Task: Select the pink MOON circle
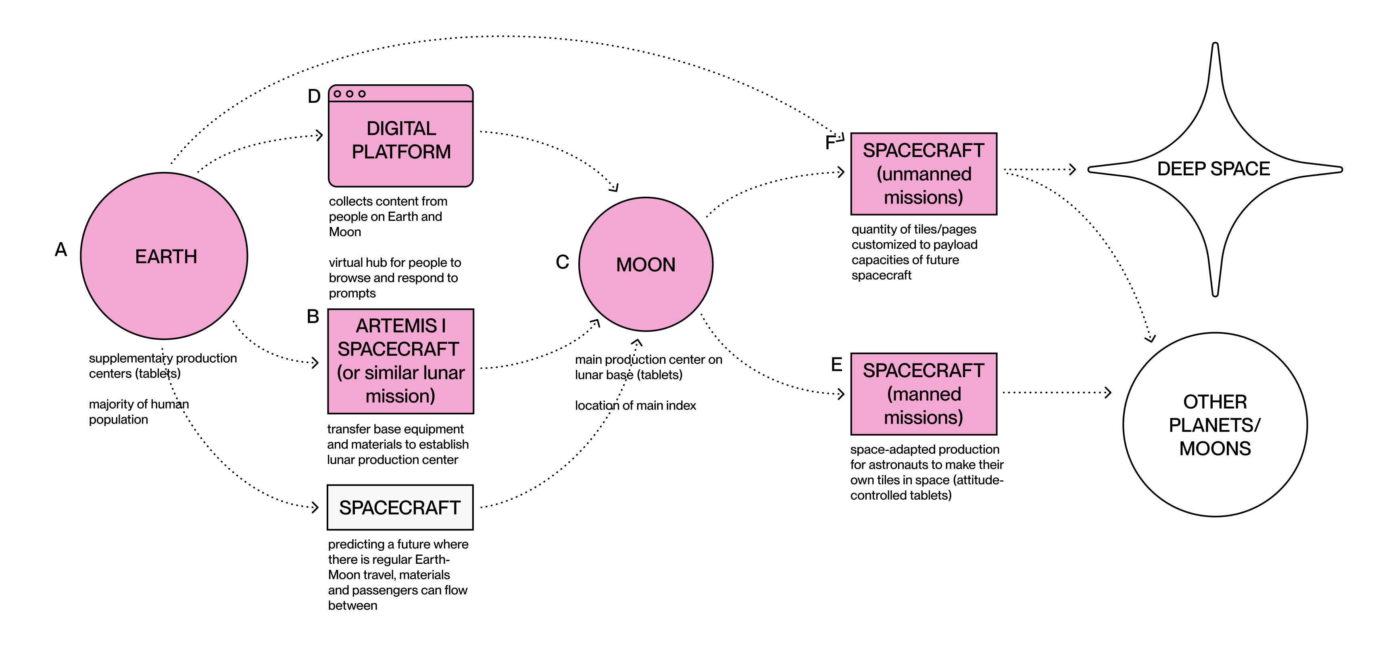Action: tap(646, 264)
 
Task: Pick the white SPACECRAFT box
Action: tap(400, 507)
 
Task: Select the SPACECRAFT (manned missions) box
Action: tap(924, 394)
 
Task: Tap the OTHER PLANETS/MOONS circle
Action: tap(1215, 425)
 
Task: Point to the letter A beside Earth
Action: tap(61, 249)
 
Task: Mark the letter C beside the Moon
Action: tap(563, 262)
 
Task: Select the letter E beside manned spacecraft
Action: tap(836, 365)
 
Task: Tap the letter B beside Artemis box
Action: tap(313, 316)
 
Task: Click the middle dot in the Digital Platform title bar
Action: tap(349, 94)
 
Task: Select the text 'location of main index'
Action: tap(635, 405)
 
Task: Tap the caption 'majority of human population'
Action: tap(139, 411)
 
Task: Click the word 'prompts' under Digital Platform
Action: tap(352, 293)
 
